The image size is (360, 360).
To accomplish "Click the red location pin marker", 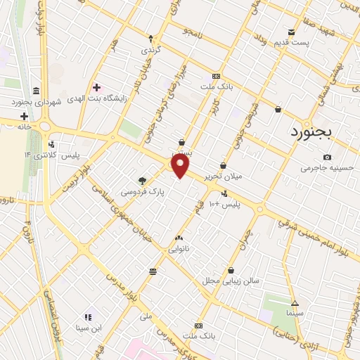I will [181, 166].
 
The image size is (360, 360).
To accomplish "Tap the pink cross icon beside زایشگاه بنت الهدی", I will [96, 88].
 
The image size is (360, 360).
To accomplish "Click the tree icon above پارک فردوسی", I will [142, 180].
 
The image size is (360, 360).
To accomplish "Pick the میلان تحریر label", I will [223, 177].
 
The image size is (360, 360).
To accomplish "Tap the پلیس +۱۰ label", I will [226, 204].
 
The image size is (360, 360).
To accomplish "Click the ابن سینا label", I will [89, 328].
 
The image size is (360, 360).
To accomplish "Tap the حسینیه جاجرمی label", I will [325, 169].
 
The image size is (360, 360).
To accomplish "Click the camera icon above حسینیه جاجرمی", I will [328, 157].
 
